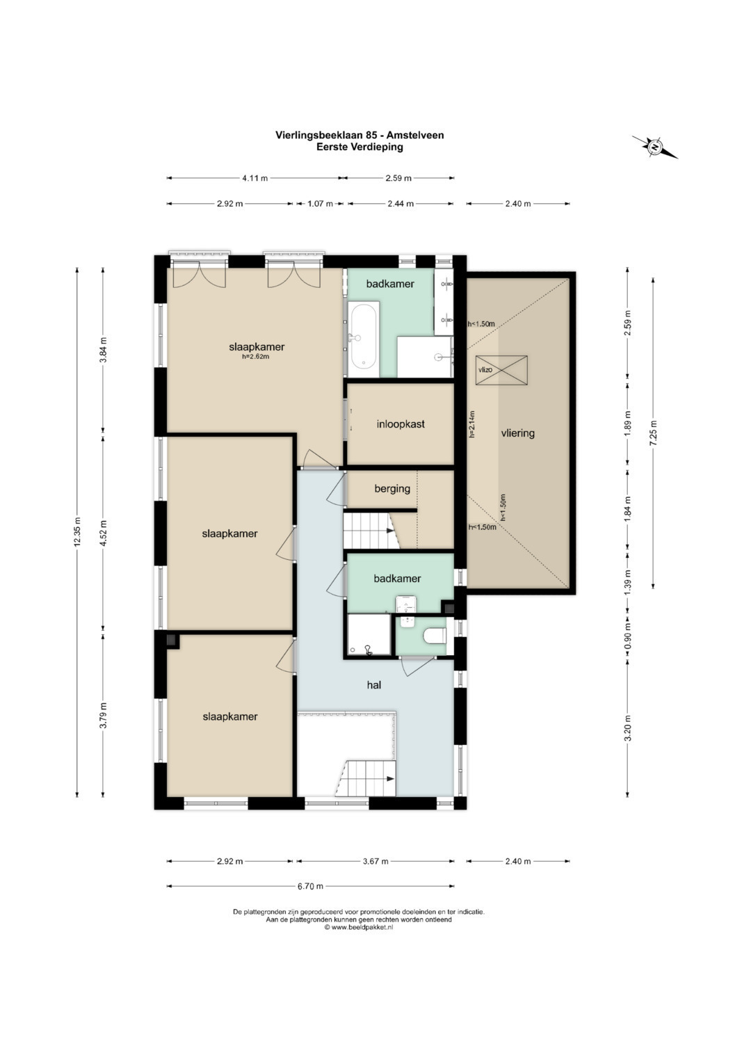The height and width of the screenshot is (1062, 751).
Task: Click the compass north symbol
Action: tap(655, 147)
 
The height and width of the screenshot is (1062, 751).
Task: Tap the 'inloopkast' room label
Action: tap(400, 424)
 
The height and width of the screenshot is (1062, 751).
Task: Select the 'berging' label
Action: tap(392, 489)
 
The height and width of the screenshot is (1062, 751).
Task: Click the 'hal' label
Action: tap(374, 684)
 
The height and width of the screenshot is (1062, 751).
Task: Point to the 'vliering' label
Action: tap(518, 433)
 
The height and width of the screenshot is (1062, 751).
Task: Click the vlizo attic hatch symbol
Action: tap(501, 371)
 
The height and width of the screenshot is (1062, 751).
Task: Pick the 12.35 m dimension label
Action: tap(77, 531)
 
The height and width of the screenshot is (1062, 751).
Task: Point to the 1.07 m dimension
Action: tap(320, 204)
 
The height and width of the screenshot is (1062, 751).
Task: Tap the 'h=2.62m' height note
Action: tap(256, 357)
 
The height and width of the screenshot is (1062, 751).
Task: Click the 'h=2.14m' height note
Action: tap(471, 424)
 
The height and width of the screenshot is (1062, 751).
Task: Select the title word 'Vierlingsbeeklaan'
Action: tap(321, 136)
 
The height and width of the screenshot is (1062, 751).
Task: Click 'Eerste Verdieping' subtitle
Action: tap(360, 147)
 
